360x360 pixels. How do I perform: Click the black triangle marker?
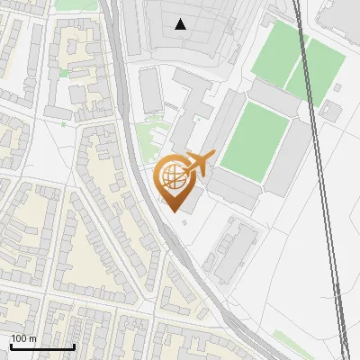181,24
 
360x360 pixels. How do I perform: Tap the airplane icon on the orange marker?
198,164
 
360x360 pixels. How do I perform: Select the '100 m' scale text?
23,338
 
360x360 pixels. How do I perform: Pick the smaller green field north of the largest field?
279,54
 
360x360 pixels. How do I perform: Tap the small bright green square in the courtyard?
63,73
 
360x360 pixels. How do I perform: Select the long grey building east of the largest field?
291,157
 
